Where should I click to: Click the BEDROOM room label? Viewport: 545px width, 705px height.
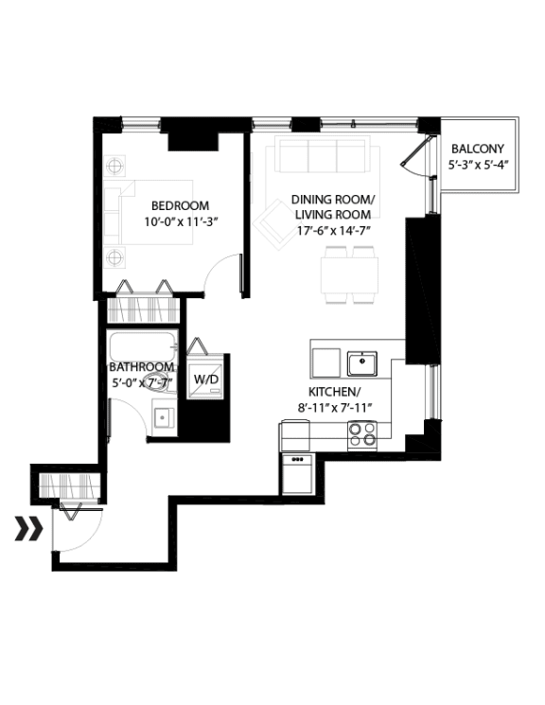pos(180,205)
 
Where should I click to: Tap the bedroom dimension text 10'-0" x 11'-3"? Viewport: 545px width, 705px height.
pos(180,222)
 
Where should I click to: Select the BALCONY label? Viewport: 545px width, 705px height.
pos(477,149)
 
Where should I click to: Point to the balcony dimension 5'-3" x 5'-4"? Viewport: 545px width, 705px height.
pos(477,165)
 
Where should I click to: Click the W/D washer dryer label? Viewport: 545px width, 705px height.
pos(205,379)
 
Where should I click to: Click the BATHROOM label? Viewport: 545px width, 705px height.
pos(141,367)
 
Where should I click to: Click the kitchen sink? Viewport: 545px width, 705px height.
pos(361,363)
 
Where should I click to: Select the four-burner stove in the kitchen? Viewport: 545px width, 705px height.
pos(360,433)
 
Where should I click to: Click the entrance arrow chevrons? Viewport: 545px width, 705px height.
pos(28,528)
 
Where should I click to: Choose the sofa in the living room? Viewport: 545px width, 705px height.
pos(322,156)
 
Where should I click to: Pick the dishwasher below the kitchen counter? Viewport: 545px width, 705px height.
pos(297,473)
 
